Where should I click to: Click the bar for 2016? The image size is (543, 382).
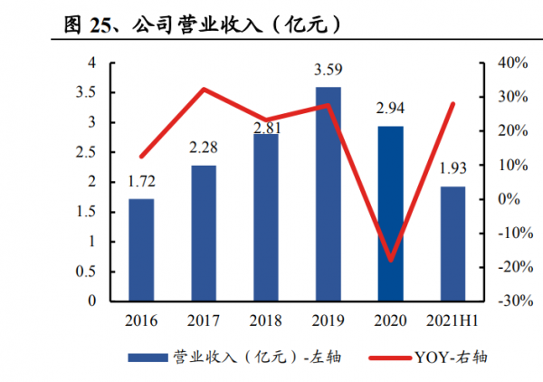tap(141, 250)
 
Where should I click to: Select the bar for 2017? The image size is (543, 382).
tap(204, 233)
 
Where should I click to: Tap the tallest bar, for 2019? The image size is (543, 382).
tap(328, 194)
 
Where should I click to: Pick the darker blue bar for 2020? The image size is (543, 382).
tap(390, 213)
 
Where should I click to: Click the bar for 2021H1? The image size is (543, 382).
tap(452, 244)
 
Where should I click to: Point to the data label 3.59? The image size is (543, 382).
tap(328, 69)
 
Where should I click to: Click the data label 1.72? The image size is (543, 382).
tap(141, 183)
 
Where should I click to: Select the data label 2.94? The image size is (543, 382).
tap(390, 109)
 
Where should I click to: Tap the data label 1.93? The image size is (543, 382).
tap(452, 169)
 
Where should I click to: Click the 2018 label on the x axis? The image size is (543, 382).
tap(266, 320)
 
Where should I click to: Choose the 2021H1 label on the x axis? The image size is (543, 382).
tap(452, 320)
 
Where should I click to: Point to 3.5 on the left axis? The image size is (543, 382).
tap(90, 92)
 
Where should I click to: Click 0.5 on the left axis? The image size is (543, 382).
tap(90, 272)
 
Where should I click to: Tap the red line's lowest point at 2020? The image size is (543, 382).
tap(390, 261)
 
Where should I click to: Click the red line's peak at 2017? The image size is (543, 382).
tap(204, 89)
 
